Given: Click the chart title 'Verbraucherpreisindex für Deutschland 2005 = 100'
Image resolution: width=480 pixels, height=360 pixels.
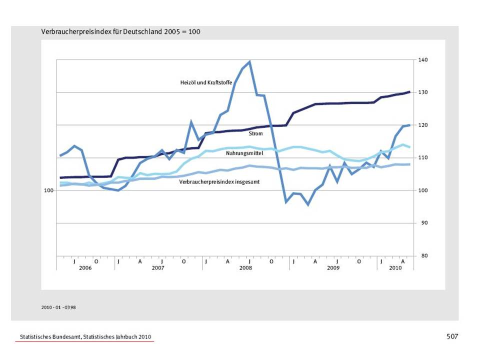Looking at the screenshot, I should (x=121, y=31).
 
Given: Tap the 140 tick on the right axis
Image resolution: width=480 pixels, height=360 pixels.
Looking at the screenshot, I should (x=423, y=60).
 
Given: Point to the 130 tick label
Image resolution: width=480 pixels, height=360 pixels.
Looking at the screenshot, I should (x=423, y=92).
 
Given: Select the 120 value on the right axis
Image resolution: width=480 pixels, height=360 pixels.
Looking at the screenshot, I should (x=423, y=125).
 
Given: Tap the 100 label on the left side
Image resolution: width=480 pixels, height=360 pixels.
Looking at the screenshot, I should (x=48, y=190).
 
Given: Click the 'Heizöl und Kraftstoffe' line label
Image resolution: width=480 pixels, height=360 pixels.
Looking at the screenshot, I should (x=206, y=82).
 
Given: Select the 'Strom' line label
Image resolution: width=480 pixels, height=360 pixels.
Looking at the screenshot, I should (x=255, y=133).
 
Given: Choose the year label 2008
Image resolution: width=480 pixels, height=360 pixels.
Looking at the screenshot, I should (x=245, y=268).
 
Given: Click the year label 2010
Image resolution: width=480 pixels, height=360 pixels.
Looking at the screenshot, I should (x=395, y=268).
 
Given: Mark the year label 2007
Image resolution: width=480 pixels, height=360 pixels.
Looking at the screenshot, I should (x=158, y=268).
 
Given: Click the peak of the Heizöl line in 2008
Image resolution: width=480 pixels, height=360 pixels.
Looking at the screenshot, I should (x=249, y=62).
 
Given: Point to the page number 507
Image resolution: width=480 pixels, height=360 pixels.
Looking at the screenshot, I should (x=452, y=336).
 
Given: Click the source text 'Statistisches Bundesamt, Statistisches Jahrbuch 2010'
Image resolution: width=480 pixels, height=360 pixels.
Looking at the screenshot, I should (x=85, y=337).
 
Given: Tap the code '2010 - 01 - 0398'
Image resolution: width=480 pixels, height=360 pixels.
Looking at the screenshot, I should (x=58, y=307).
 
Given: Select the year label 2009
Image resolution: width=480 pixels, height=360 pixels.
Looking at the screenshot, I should (x=333, y=268).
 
